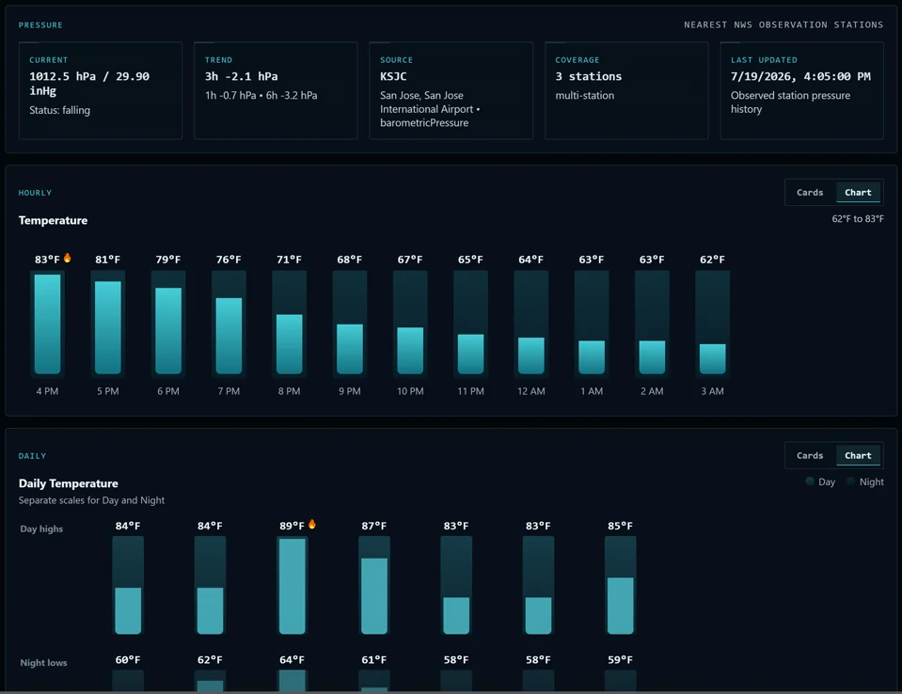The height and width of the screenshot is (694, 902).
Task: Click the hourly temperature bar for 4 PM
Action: [47, 323]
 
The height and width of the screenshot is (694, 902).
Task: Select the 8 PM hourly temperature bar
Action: [290, 344]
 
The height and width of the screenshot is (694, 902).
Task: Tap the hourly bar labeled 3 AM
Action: [712, 359]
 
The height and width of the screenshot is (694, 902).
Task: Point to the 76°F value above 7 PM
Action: [229, 260]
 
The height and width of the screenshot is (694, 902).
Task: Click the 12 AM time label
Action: [531, 391]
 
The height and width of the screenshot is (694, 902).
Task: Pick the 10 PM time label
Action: [410, 391]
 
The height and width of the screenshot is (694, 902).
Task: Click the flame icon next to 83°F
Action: [68, 258]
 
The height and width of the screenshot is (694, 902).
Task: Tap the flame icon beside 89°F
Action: [311, 524]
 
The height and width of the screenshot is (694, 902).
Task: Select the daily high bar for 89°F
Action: [293, 586]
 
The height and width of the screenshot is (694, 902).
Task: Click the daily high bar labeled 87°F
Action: [374, 595]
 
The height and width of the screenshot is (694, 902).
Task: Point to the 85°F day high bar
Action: [621, 606]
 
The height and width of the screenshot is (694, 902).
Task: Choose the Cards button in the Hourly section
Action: [810, 193]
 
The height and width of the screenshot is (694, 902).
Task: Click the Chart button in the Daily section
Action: [859, 455]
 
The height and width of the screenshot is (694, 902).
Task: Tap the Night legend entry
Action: [865, 481]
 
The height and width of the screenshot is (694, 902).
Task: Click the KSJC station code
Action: [393, 76]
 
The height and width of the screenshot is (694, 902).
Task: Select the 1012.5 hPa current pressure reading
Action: [63, 76]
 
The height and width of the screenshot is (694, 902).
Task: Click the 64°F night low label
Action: [292, 659]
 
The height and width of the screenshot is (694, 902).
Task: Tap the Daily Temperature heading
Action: [69, 483]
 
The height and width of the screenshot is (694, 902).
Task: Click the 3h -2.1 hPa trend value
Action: [242, 76]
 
